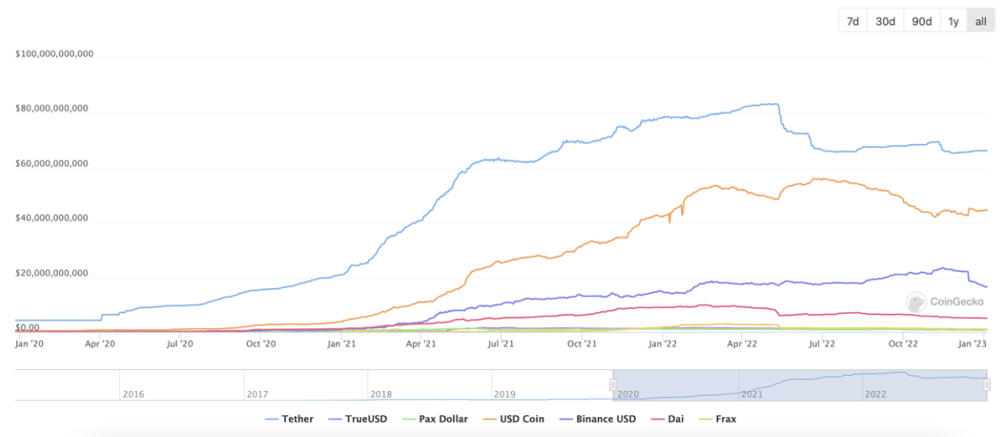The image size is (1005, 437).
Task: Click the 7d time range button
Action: (x=852, y=21)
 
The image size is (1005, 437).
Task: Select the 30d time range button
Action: (x=885, y=21)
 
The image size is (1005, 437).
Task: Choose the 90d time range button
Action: (x=921, y=21)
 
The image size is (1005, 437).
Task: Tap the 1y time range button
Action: (x=953, y=21)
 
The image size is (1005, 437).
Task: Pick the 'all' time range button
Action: (x=980, y=21)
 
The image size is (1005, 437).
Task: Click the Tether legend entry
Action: (x=290, y=418)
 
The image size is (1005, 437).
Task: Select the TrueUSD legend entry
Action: (x=359, y=418)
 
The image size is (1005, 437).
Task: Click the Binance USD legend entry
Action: (x=599, y=418)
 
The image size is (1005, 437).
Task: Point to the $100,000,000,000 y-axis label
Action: (x=54, y=53)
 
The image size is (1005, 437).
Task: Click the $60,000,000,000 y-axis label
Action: (x=51, y=163)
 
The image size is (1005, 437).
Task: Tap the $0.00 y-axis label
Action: (x=28, y=328)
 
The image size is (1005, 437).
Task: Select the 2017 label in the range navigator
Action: (x=257, y=393)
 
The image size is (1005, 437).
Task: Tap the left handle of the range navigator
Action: (x=613, y=384)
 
